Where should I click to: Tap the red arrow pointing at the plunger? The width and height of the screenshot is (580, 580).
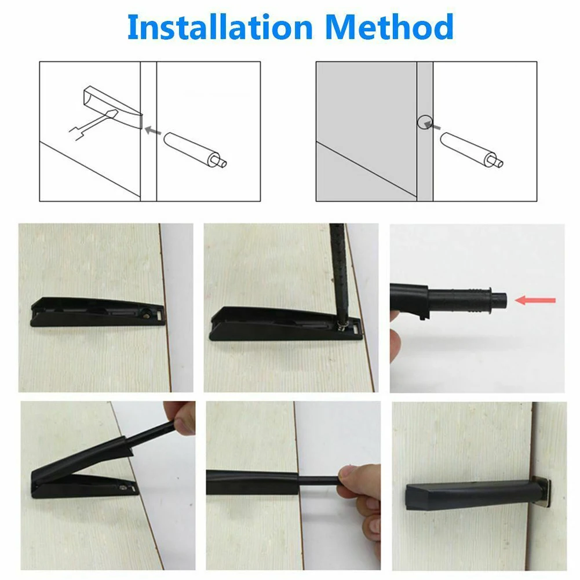coord(536,300)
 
